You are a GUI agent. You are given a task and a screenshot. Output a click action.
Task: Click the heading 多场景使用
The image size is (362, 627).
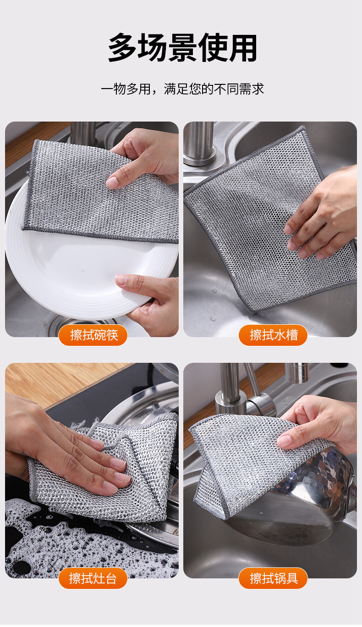point(182,48)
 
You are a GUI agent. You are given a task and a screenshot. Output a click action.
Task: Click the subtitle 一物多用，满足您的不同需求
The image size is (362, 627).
point(182,89)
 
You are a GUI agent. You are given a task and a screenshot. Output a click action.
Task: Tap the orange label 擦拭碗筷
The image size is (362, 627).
point(93,335)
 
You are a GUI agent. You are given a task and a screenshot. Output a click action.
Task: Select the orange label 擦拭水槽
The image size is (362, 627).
point(273,335)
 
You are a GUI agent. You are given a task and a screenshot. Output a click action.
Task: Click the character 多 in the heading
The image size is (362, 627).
point(122,48)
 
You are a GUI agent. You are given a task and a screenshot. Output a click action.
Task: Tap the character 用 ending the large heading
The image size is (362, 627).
point(243,48)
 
